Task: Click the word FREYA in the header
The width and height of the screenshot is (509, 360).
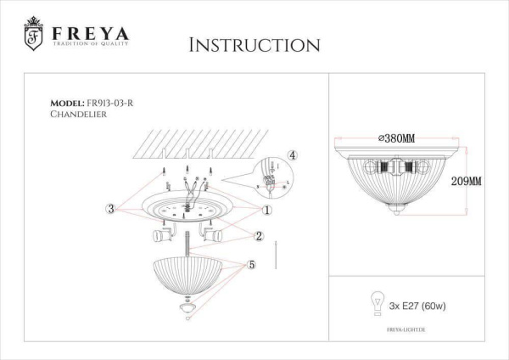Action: (89, 34)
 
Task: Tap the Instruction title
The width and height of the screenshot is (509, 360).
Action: (254, 44)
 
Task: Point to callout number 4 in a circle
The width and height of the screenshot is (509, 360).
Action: (292, 155)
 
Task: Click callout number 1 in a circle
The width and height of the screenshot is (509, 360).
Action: (266, 210)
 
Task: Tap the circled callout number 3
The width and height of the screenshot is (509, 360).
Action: (110, 208)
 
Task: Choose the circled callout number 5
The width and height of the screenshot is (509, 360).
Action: (251, 265)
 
